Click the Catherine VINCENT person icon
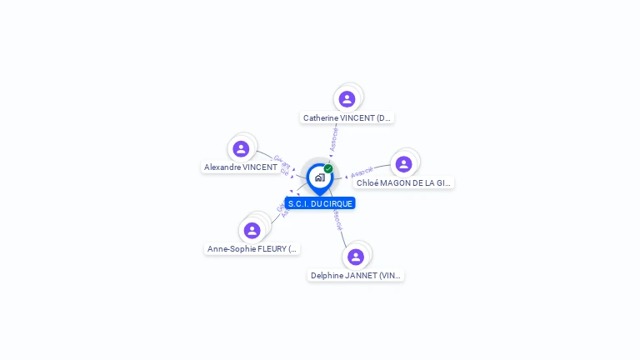coord(347,99)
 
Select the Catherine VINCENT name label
coord(347,118)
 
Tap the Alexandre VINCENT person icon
coord(241,149)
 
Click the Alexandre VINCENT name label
coord(241,167)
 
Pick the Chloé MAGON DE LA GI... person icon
coord(404,164)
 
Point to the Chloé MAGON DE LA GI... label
coord(404,183)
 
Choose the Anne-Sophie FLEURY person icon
coord(252,230)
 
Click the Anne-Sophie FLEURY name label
coord(252,249)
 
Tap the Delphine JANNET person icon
coord(356,257)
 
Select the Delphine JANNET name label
coord(356,276)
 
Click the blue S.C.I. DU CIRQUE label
coord(320,203)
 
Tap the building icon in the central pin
coord(319,177)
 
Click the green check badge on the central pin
coord(328,168)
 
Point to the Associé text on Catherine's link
coord(333,139)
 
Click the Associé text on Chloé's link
coord(362,173)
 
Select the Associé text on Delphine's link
coord(337,220)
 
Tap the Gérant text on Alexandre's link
coord(282,161)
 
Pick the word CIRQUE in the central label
coord(337,203)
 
